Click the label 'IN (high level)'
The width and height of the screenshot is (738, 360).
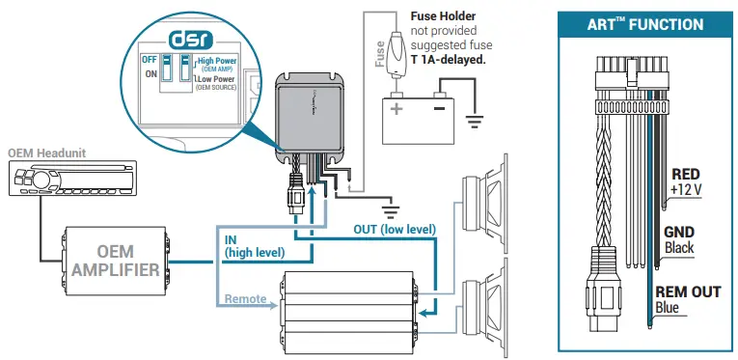click(x=254, y=245)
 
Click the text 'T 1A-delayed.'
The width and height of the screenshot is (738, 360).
click(x=445, y=59)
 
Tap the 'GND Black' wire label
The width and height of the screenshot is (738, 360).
click(x=679, y=239)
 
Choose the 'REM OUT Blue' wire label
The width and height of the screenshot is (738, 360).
click(x=688, y=299)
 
